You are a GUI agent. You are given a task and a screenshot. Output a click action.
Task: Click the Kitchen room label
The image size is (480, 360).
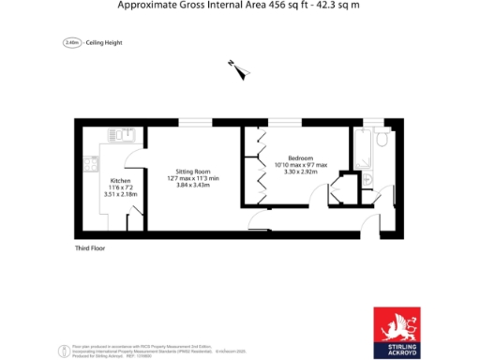click(x=121, y=179)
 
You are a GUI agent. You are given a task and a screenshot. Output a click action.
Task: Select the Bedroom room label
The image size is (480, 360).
click(x=300, y=158)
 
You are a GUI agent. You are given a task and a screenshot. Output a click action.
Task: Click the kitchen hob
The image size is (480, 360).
click(x=92, y=167)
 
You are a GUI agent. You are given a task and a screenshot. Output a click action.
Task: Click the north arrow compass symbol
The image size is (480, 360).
click(x=235, y=65)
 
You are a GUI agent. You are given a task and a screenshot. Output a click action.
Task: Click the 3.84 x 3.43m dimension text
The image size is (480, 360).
click(x=192, y=186)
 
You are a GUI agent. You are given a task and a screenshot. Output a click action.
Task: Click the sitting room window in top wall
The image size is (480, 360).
click(x=194, y=121)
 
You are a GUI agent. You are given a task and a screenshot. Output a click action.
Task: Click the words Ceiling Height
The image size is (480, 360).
click(x=105, y=43)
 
